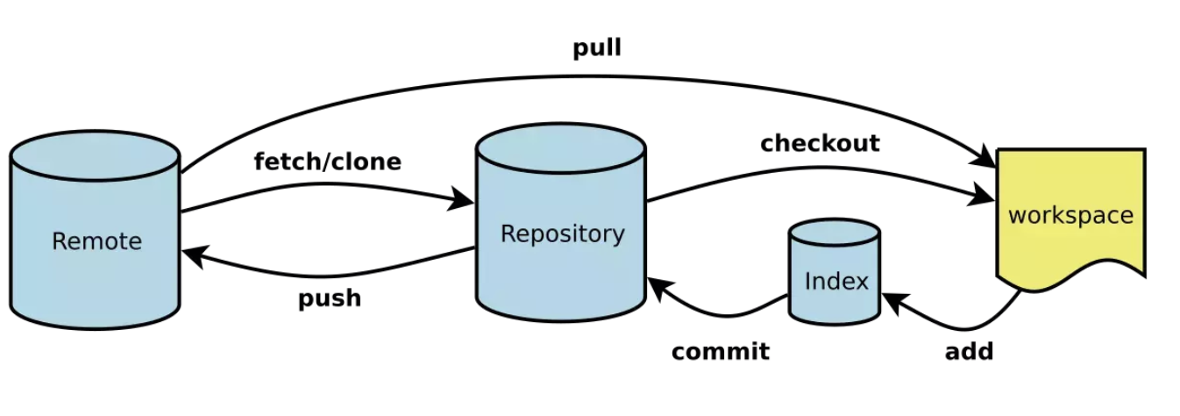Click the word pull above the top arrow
coord(597,47)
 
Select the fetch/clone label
coord(327,161)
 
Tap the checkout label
coord(820,143)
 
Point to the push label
coord(330,298)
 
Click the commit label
coord(720,352)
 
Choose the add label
coord(969,352)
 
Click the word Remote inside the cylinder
coord(96,240)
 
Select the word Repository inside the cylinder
coord(562,233)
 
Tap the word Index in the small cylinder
coord(835,281)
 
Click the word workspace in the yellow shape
coord(1070,215)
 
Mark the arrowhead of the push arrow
coord(193,255)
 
